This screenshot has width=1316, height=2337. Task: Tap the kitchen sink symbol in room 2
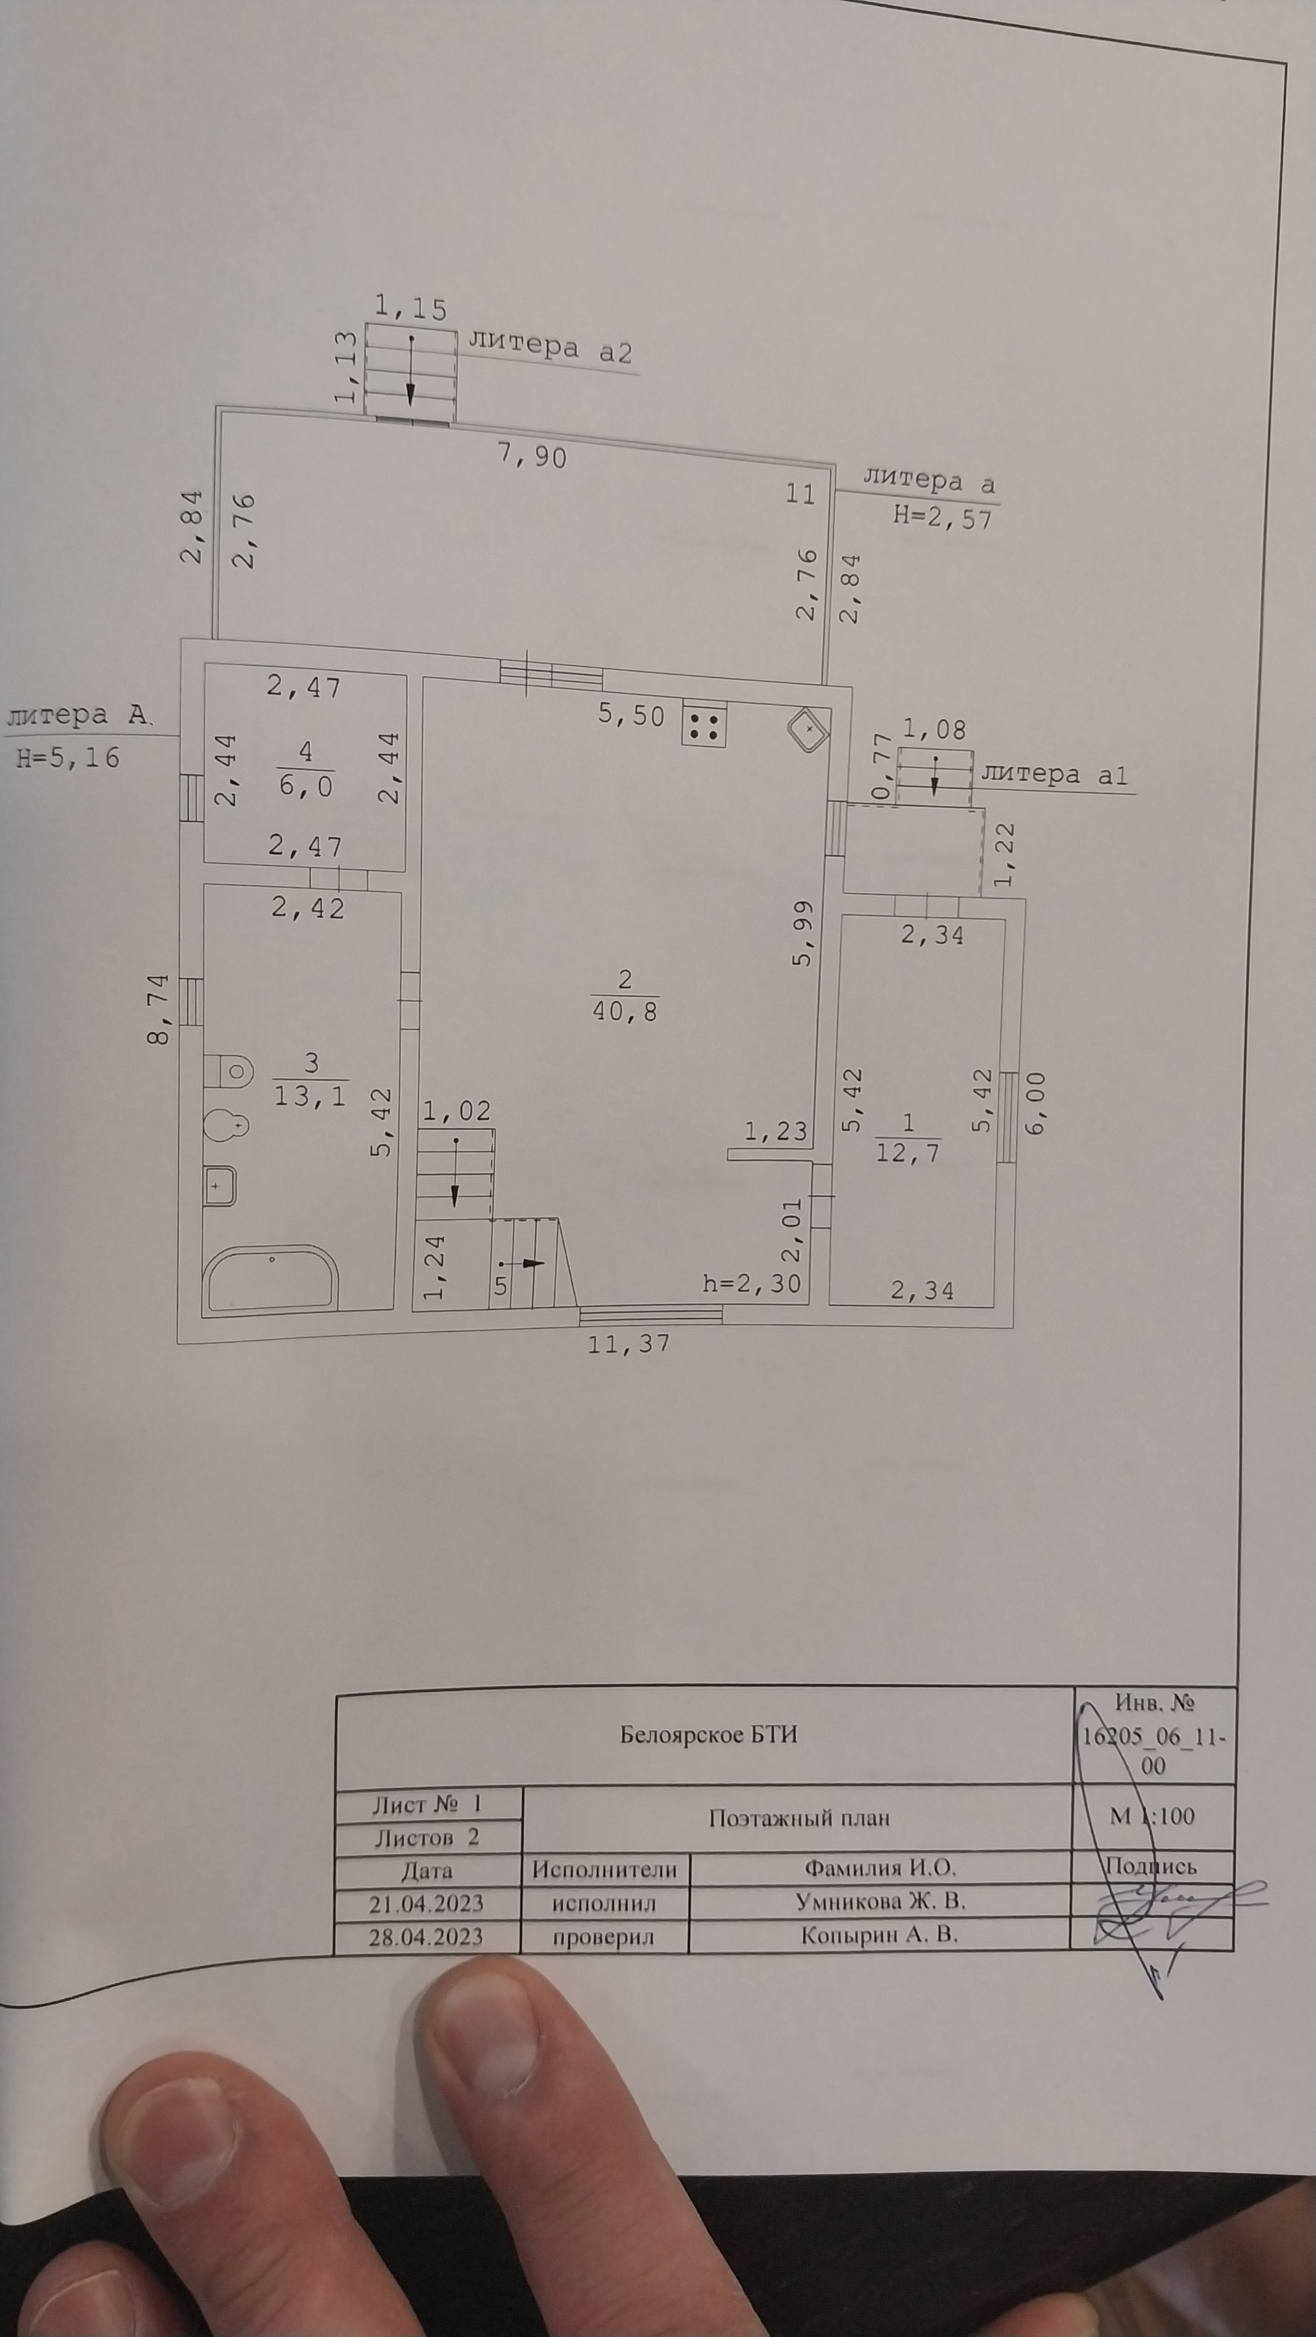point(807,729)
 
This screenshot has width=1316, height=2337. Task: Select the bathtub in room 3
point(271,1279)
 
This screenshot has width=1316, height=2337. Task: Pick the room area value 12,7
point(907,1153)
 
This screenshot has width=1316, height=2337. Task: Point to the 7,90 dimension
point(533,455)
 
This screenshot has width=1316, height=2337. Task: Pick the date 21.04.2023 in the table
point(426,1903)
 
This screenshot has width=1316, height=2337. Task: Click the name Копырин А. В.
point(879,1935)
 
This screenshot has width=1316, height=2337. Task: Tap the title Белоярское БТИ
point(709,1735)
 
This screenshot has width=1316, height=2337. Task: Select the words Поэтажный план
point(799,1818)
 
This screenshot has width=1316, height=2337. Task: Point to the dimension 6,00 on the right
point(1036,1101)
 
